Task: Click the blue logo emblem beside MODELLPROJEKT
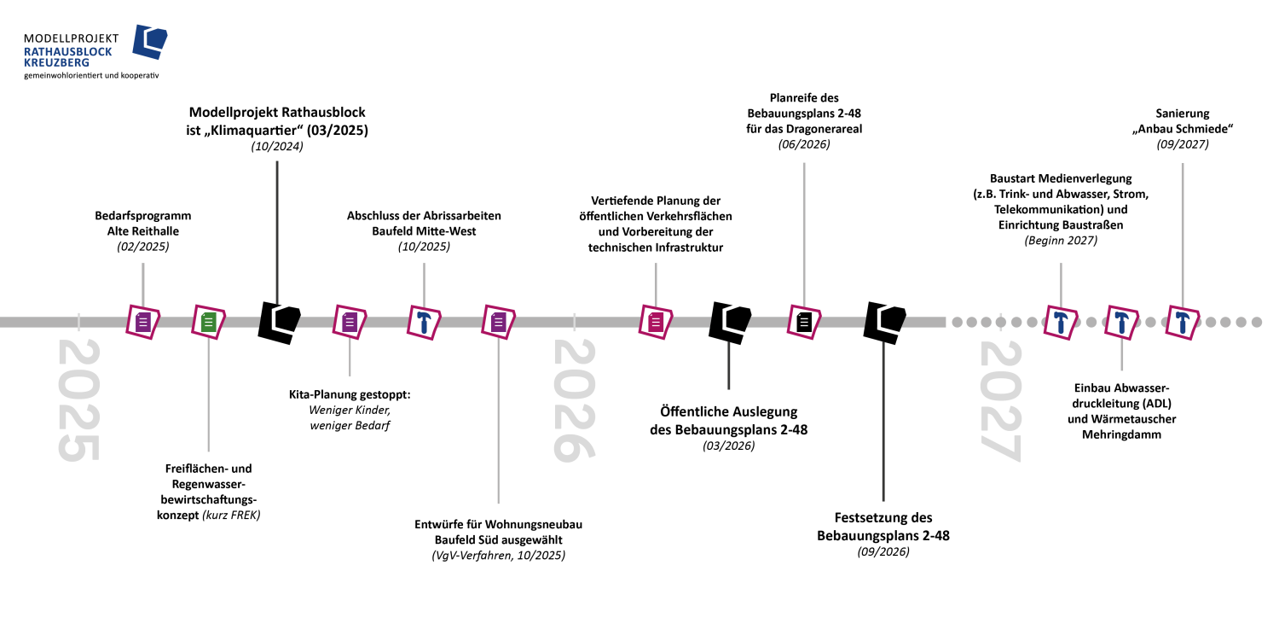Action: click(x=149, y=42)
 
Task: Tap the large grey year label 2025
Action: click(x=78, y=399)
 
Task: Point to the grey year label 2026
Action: click(x=574, y=399)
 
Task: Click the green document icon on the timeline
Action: click(x=208, y=323)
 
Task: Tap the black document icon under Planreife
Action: click(x=804, y=323)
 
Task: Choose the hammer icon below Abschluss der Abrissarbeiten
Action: click(x=424, y=323)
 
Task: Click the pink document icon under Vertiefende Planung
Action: click(x=656, y=323)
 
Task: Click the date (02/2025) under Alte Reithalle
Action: click(x=142, y=247)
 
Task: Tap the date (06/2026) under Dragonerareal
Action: click(x=804, y=144)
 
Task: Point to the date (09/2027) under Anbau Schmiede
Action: click(x=1183, y=144)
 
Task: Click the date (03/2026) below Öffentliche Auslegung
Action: click(x=728, y=446)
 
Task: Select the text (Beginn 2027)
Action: click(x=1061, y=240)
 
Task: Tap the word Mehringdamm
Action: click(x=1121, y=434)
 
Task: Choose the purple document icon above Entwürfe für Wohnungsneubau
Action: click(x=499, y=323)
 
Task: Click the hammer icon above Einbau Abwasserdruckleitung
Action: click(x=1121, y=323)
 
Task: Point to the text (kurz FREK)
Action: click(x=231, y=516)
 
